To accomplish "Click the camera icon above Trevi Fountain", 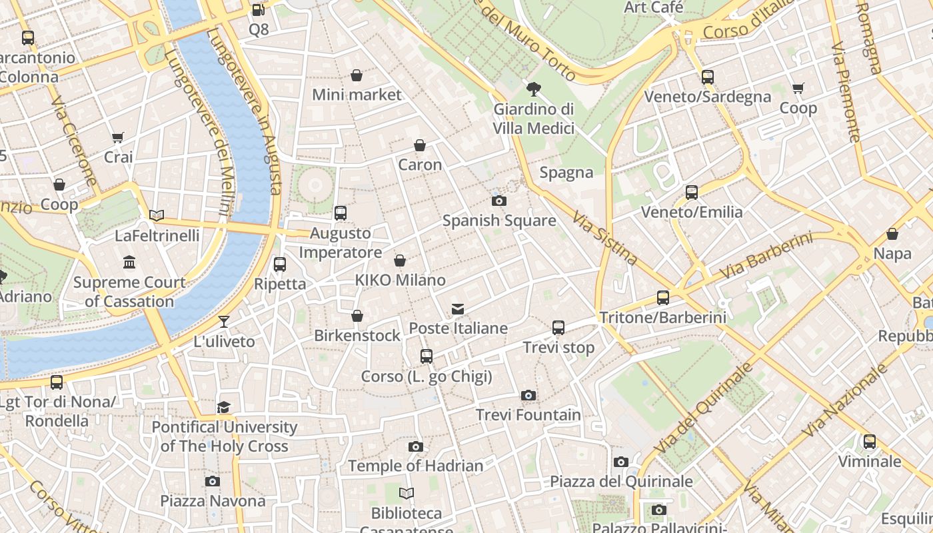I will coord(528,396).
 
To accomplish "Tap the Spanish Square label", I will coord(499,221).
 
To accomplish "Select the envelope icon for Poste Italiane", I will coord(458,309).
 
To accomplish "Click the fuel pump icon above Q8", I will coord(259,10).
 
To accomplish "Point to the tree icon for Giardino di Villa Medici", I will coord(533,89).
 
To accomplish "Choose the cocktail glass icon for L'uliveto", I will coord(224,322).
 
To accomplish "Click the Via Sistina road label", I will coord(605,238).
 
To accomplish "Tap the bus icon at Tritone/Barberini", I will coord(662,298).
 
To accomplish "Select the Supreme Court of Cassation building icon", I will coord(129,263).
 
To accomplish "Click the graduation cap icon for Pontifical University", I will coord(224,407).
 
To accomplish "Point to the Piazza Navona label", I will coord(213,500).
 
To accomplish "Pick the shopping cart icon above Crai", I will coord(118,138).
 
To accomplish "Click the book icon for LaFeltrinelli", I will coord(157,215).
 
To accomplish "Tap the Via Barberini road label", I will coord(766,255).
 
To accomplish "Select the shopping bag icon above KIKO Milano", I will coord(400,261).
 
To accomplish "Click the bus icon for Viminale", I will coord(869,442).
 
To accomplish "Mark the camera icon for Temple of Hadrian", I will coord(416,446).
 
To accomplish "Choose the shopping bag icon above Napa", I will coord(892,235).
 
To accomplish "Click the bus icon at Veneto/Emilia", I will coord(692,193).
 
